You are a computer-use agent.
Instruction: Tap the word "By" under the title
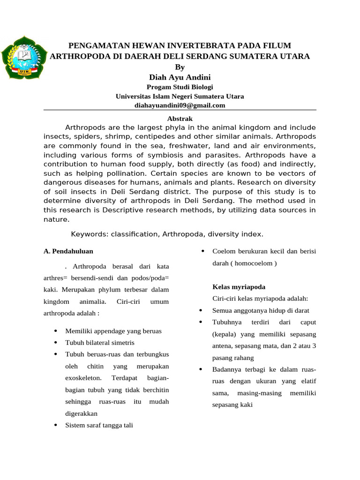(180, 67)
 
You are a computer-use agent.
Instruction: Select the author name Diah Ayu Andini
(180, 77)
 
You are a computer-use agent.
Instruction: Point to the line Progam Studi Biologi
(180, 87)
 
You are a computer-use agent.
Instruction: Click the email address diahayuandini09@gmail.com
(180, 105)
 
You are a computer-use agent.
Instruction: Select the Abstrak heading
(180, 119)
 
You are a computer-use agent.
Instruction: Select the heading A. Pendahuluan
(68, 251)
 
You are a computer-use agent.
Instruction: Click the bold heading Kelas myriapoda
(239, 286)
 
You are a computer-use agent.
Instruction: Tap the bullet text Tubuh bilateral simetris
(100, 343)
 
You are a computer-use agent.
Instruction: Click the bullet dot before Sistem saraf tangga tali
(55, 426)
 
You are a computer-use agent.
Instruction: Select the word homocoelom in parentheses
(253, 263)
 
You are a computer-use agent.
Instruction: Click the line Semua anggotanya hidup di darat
(261, 310)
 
